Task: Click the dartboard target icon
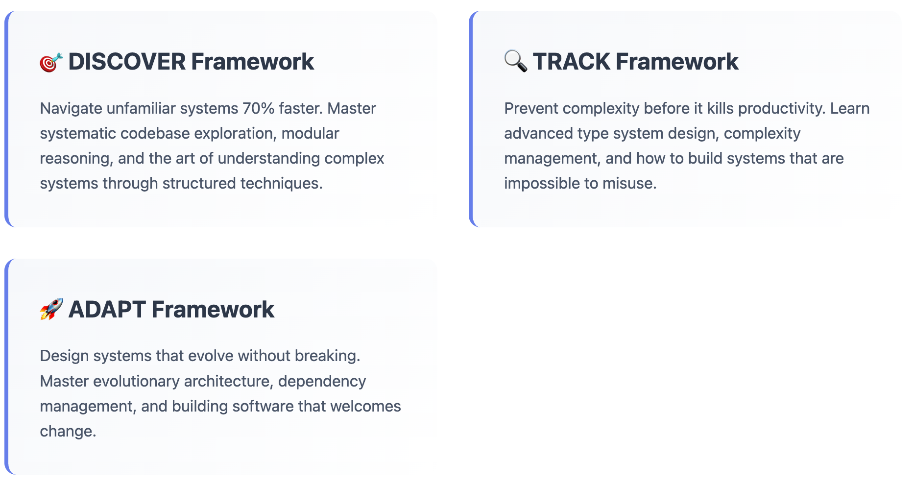51,62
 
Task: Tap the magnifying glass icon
516,61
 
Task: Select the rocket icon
51,309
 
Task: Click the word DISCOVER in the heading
127,62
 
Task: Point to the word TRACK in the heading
571,62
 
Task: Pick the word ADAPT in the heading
107,310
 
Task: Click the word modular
310,133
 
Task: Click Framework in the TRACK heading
676,62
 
